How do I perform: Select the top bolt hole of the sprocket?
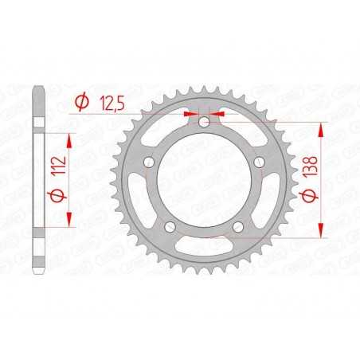pyautogui.click(x=205, y=122)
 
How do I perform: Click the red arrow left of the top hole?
pyautogui.click(x=191, y=114)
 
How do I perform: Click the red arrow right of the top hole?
pyautogui.click(x=218, y=114)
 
